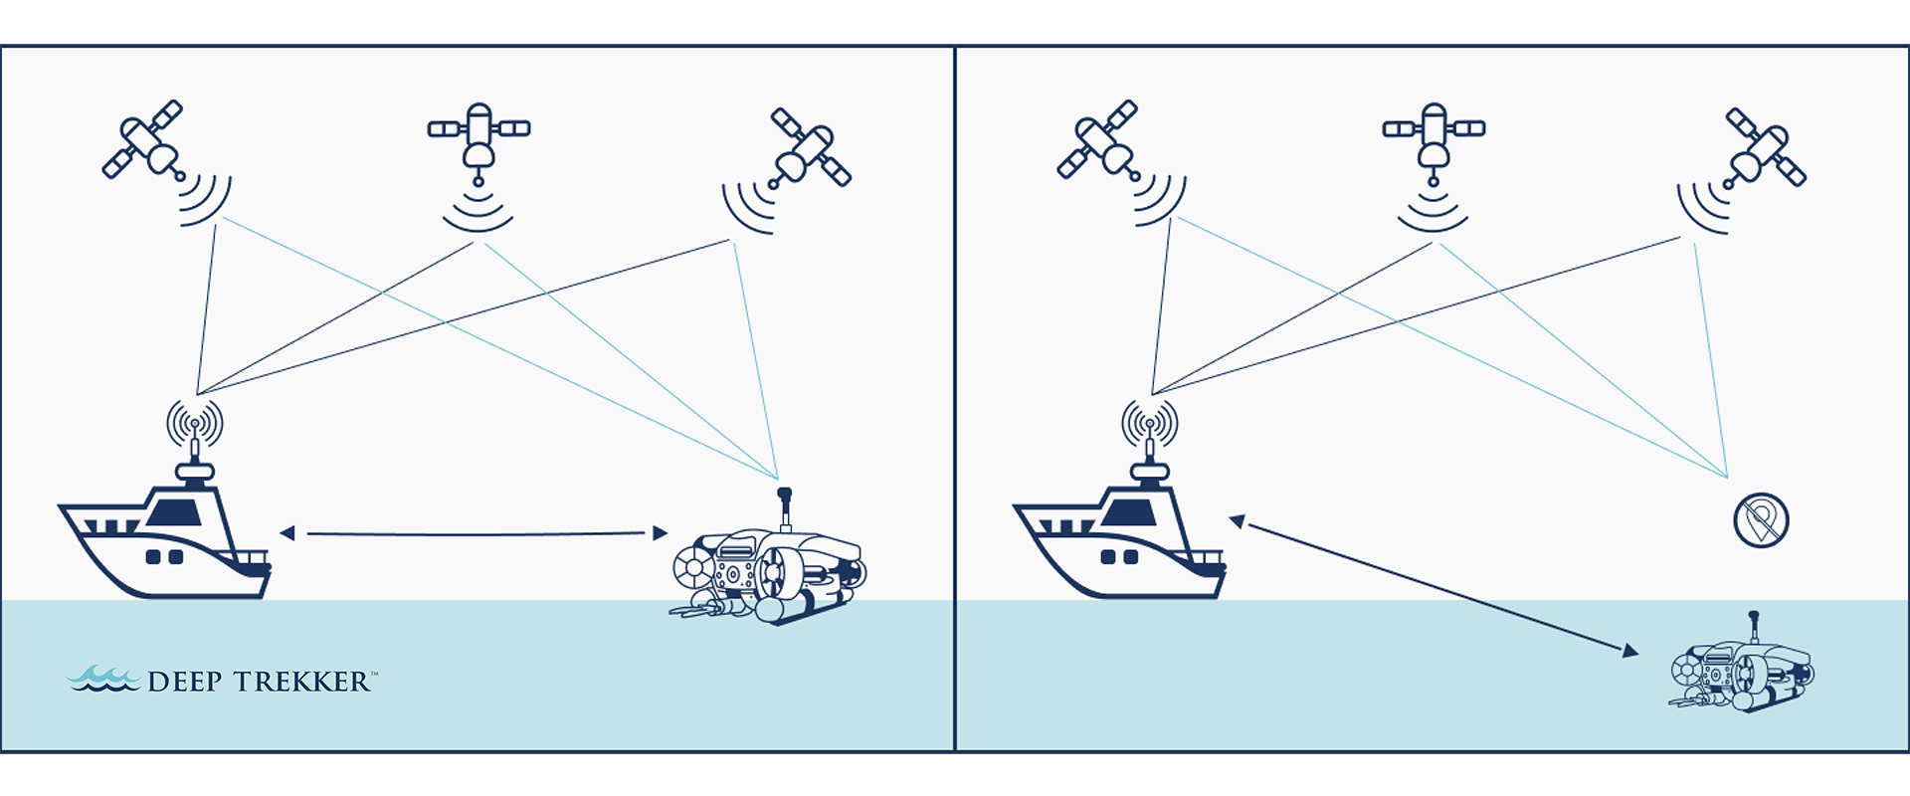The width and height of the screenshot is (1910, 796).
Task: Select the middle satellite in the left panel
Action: click(478, 140)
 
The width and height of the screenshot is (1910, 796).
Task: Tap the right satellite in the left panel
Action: click(810, 147)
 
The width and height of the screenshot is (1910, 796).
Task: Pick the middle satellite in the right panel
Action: click(1433, 140)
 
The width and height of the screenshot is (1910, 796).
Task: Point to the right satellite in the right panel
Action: click(1765, 147)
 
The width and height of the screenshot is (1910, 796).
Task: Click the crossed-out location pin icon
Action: click(1762, 520)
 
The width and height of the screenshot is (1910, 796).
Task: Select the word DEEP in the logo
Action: click(184, 682)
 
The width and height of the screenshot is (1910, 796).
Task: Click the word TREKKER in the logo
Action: click(301, 682)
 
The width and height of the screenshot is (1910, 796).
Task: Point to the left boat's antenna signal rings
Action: click(195, 423)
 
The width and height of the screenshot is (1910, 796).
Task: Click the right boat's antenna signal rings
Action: click(1150, 423)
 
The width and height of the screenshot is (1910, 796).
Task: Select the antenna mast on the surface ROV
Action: click(784, 508)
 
